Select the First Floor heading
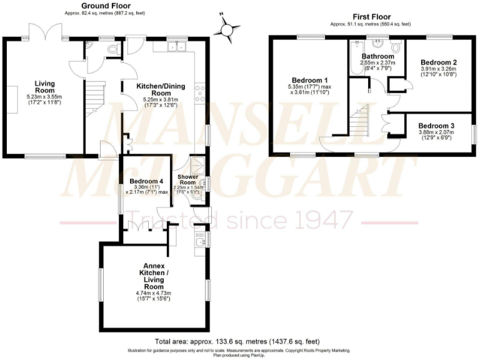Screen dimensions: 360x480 tap(371, 17)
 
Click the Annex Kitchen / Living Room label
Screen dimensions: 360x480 tap(153, 276)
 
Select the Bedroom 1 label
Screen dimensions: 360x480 tap(310, 80)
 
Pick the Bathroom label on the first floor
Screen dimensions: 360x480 tap(377, 55)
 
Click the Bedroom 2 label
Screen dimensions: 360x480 tap(438, 62)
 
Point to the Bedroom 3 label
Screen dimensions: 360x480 tap(437, 125)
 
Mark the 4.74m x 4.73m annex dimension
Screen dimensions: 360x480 tap(153, 292)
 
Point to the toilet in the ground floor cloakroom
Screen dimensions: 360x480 tap(113, 48)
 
